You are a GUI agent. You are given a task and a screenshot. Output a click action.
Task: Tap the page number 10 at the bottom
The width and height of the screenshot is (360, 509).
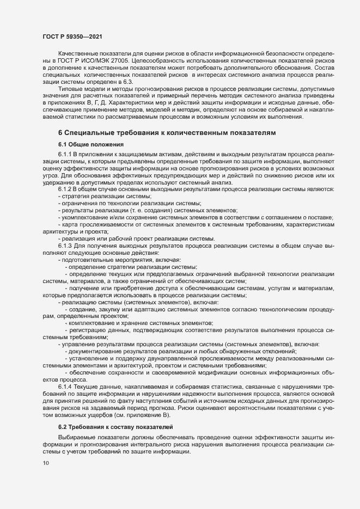[x=46, y=463]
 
